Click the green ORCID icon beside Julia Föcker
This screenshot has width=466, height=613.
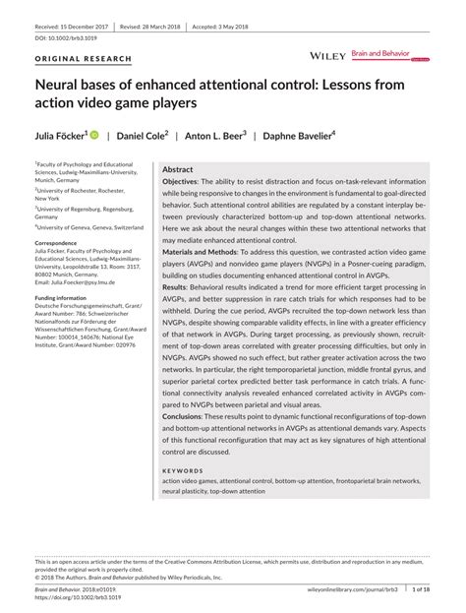94,133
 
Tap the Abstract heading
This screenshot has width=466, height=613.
177,170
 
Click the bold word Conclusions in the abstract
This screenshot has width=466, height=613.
185,417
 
